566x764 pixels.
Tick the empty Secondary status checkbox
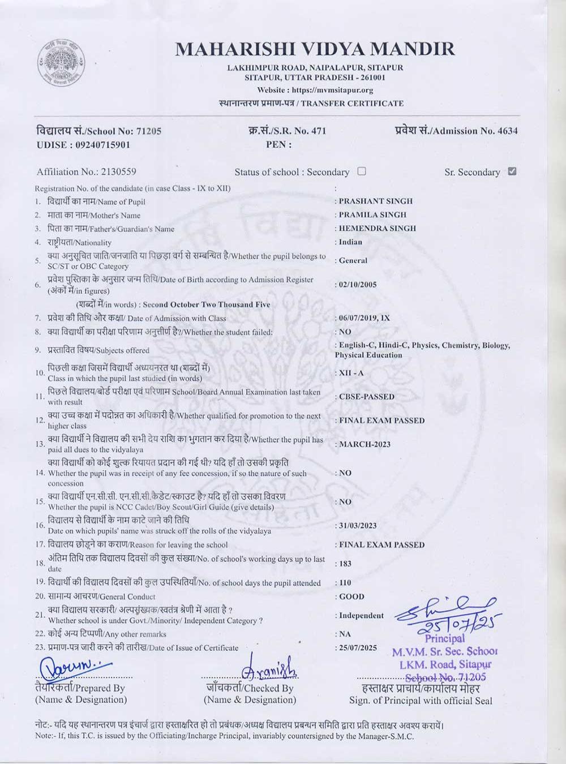362,171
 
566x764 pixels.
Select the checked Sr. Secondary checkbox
512,171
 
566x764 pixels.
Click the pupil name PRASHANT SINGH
376,201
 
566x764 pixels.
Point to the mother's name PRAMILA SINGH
372,214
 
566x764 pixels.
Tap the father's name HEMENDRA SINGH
377,228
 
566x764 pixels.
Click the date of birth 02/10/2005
358,285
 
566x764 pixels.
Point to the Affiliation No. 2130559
118,171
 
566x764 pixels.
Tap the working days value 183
345,564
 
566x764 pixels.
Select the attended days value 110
345,582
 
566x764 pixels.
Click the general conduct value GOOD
351,596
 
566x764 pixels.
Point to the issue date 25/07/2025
358,648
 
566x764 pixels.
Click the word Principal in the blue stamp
445,638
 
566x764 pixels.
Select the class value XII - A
351,373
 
